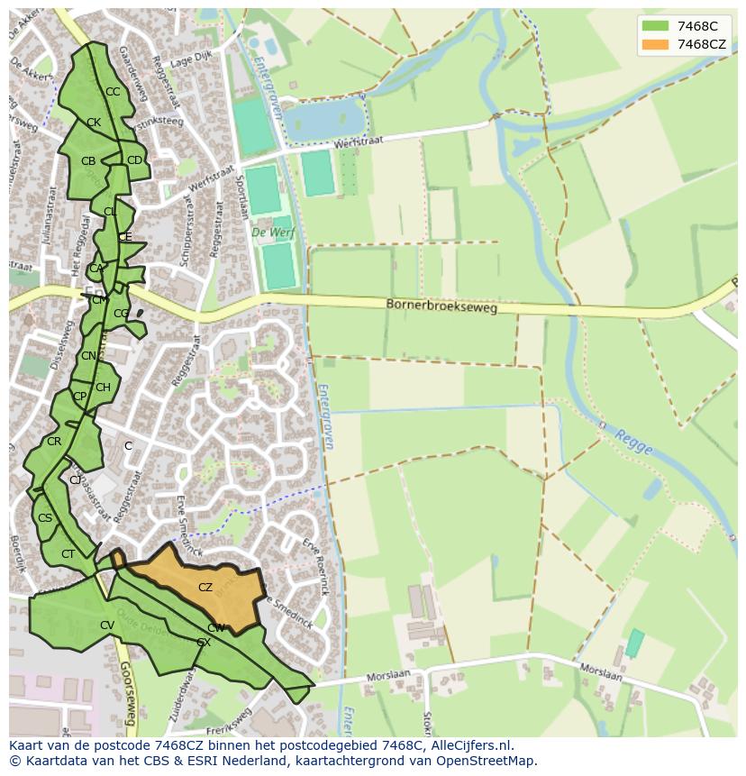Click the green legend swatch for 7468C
tap(656, 26)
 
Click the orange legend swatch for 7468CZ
tap(656, 44)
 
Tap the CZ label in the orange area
tap(205, 588)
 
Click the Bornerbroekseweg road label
tap(441, 306)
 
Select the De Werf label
tap(270, 233)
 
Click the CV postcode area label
tap(106, 625)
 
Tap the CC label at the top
tap(113, 92)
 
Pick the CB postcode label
tap(88, 161)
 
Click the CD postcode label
tap(134, 160)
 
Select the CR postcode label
tap(54, 442)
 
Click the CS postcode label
tap(45, 518)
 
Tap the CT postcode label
tap(68, 554)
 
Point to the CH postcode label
tap(103, 388)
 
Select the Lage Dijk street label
tap(189, 59)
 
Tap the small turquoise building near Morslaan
tap(635, 643)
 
